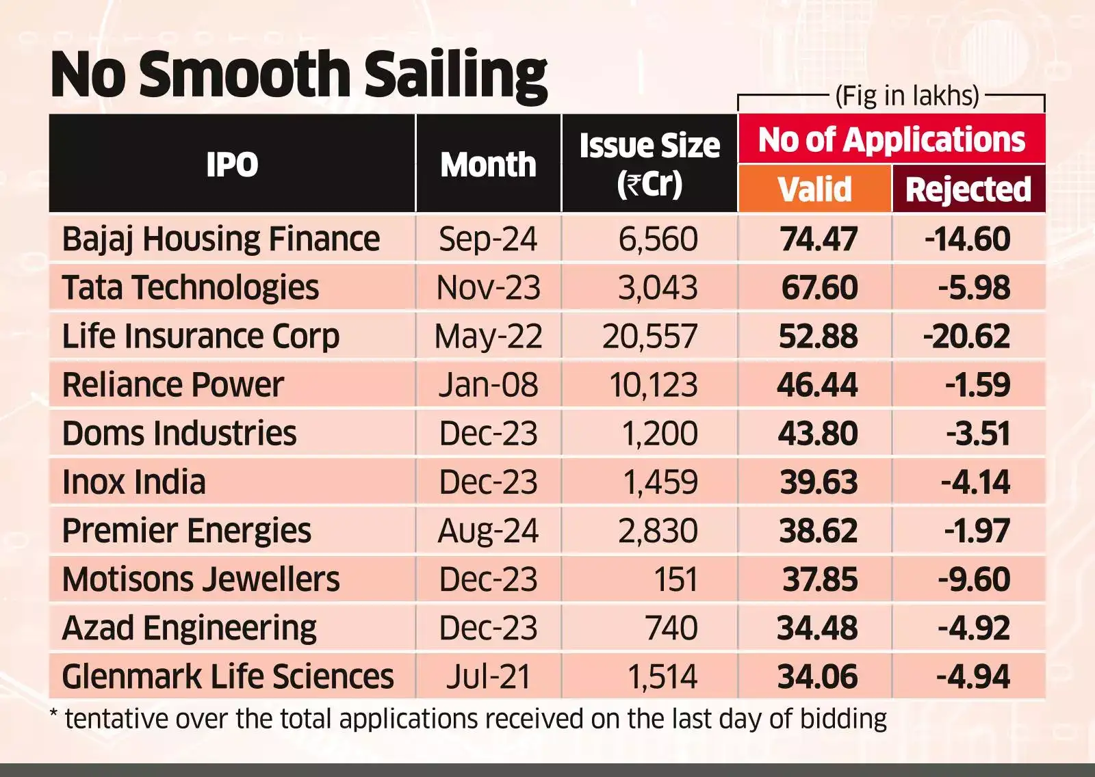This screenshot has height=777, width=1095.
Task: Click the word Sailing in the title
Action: point(455,75)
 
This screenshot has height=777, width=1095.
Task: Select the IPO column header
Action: point(232,164)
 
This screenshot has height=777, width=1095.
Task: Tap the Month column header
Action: point(488,165)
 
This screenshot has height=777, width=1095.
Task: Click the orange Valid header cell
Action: point(814,189)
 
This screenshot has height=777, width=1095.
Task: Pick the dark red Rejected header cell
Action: point(968,189)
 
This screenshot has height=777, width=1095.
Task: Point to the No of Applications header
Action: point(891,140)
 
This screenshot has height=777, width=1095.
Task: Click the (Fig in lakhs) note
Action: point(907,96)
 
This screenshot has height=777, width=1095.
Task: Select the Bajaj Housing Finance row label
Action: point(220,239)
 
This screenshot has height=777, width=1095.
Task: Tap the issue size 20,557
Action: point(649,337)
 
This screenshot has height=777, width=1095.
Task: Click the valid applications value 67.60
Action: point(819,288)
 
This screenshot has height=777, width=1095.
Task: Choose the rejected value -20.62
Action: point(966,337)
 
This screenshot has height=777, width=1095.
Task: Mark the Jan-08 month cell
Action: point(488,385)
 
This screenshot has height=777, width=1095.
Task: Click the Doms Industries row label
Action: point(179,434)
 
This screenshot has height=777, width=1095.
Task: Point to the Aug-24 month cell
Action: point(488,531)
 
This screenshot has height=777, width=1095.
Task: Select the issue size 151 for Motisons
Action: point(675,580)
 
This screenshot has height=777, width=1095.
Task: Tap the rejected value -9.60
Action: point(973,580)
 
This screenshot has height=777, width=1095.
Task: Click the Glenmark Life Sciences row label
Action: point(227,677)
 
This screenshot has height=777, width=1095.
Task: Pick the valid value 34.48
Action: point(817,629)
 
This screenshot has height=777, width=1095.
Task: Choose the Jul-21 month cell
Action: point(488,677)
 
